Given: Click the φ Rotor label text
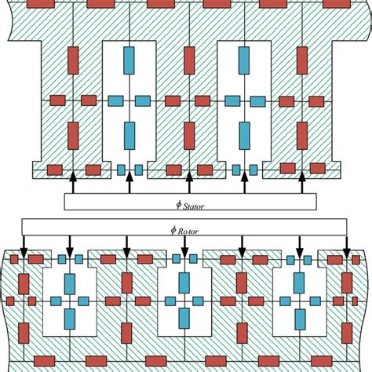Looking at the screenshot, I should [x=185, y=229].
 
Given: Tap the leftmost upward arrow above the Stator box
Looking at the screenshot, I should [x=72, y=181].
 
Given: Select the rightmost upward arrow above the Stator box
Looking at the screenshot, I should [x=303, y=181].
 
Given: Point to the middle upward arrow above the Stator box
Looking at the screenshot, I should [x=188, y=181].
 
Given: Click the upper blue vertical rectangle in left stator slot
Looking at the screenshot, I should [x=129, y=60].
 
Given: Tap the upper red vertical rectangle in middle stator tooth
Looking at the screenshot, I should [x=188, y=60].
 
